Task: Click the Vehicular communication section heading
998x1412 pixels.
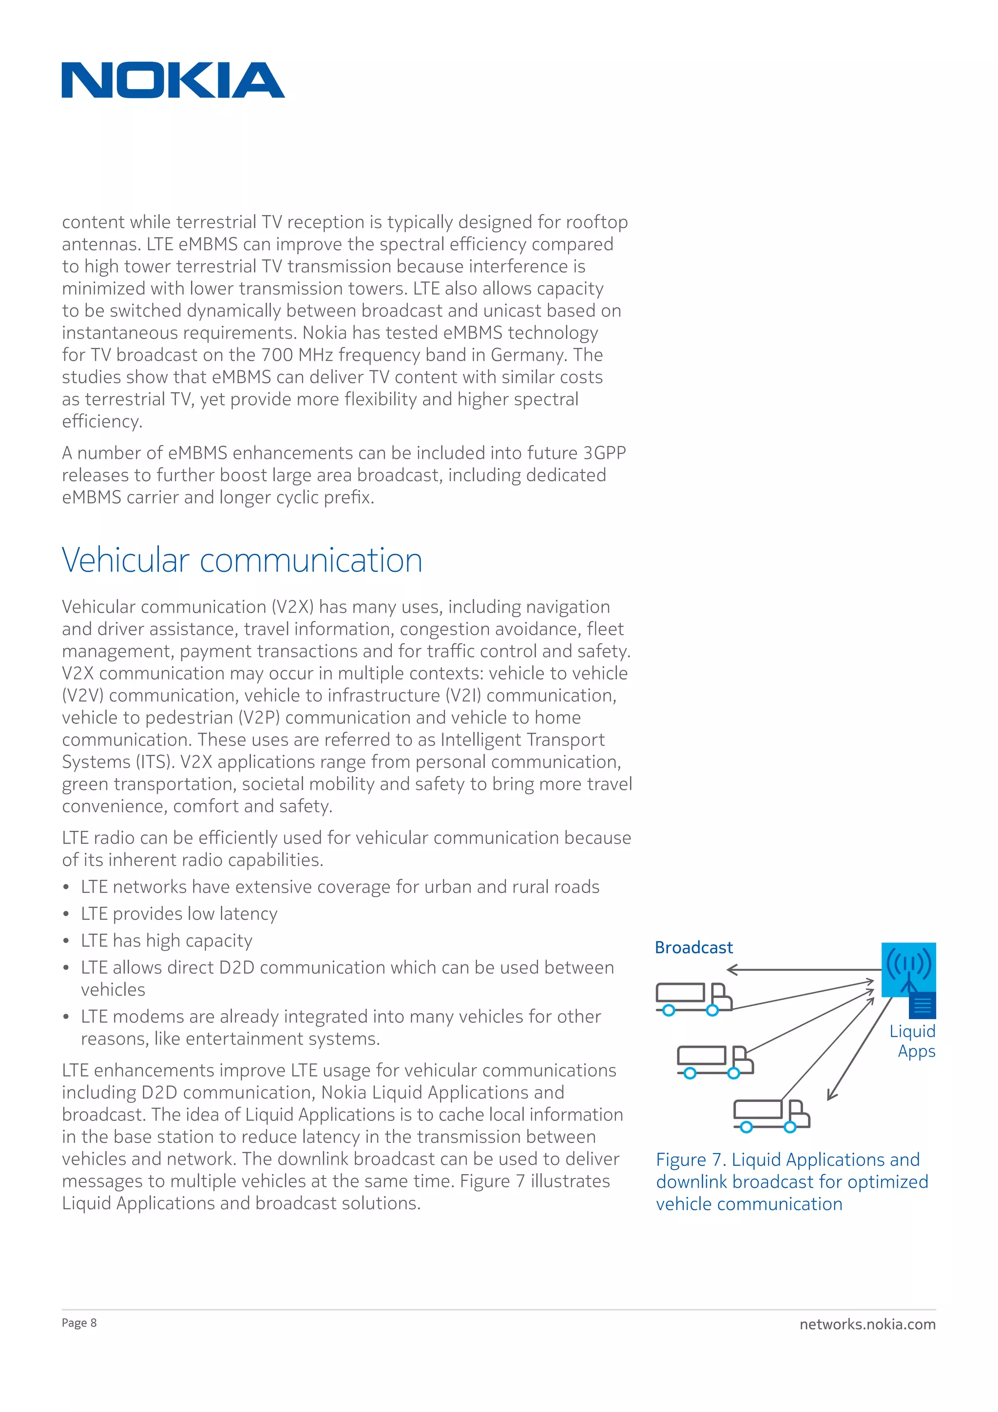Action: [x=242, y=560]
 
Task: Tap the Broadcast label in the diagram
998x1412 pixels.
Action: [x=694, y=948]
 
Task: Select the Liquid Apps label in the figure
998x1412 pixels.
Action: [x=913, y=1041]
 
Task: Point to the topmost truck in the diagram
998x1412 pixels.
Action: [x=693, y=998]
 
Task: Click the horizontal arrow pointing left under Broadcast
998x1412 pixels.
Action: [x=799, y=970]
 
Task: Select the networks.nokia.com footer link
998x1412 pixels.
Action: [x=867, y=1324]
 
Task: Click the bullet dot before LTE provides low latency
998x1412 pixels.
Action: [x=66, y=915]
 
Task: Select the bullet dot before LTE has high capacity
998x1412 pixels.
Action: [x=66, y=941]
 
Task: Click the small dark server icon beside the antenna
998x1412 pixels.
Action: [x=922, y=1006]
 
